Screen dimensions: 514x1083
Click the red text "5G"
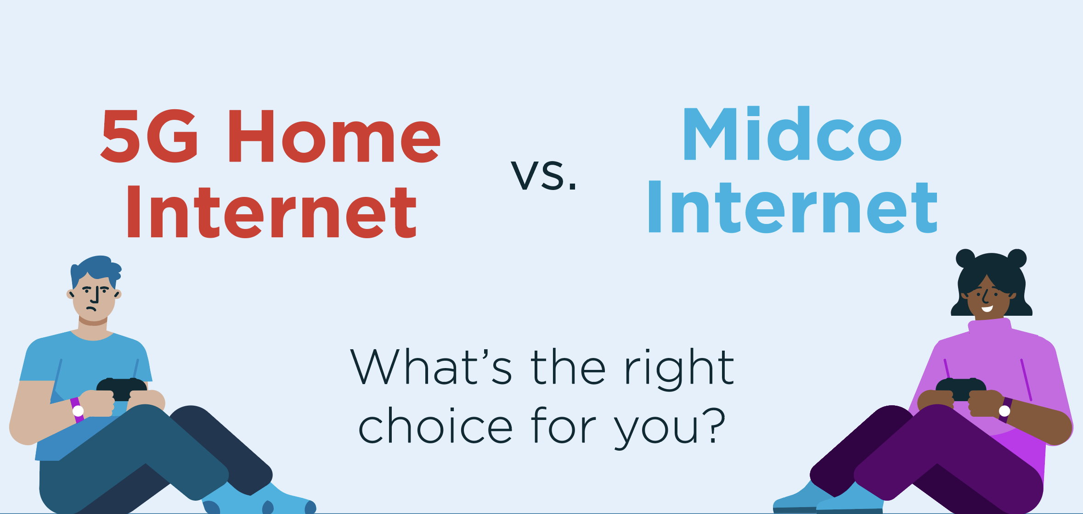point(149,136)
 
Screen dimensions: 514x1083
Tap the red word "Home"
point(334,136)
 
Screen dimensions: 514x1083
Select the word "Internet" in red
point(271,212)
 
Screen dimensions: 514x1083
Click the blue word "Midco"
point(792,134)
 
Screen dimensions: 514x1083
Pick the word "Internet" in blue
point(792,207)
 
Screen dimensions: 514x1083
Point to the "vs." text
point(544,175)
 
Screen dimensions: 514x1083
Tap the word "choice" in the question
point(434,426)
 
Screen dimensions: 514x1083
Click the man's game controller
point(121,388)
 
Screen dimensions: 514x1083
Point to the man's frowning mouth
point(91,309)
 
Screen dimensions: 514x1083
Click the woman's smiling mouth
point(987,308)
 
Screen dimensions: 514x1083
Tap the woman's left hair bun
point(965,258)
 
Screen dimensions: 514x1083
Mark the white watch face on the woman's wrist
point(1004,411)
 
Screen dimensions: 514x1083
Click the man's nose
point(96,297)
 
